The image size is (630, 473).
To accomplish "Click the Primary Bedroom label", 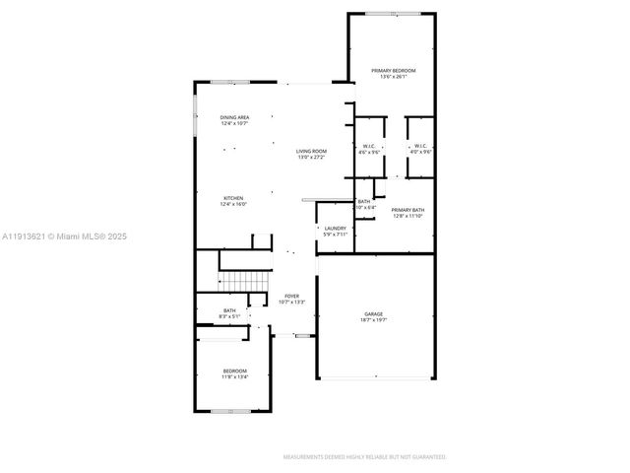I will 393,71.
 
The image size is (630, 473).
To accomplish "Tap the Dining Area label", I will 234,117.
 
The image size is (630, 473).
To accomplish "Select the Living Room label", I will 311,151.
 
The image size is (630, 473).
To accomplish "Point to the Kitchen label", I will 233,198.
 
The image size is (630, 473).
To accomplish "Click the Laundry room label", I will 336,229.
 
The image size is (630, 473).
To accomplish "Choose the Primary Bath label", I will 407,210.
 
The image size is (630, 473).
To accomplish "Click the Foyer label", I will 291,296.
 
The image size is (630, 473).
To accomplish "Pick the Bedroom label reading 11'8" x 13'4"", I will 234,371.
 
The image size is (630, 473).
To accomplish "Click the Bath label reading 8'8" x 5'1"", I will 229,311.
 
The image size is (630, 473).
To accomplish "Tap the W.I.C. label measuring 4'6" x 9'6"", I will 369,147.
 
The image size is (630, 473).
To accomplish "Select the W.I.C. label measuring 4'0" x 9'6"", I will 420,147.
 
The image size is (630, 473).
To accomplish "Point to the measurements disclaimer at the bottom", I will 364,457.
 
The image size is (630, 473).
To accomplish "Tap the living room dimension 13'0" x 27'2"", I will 311,157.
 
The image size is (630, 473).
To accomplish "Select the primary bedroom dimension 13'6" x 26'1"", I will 393,77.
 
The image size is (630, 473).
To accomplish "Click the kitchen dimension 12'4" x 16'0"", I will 233,204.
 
